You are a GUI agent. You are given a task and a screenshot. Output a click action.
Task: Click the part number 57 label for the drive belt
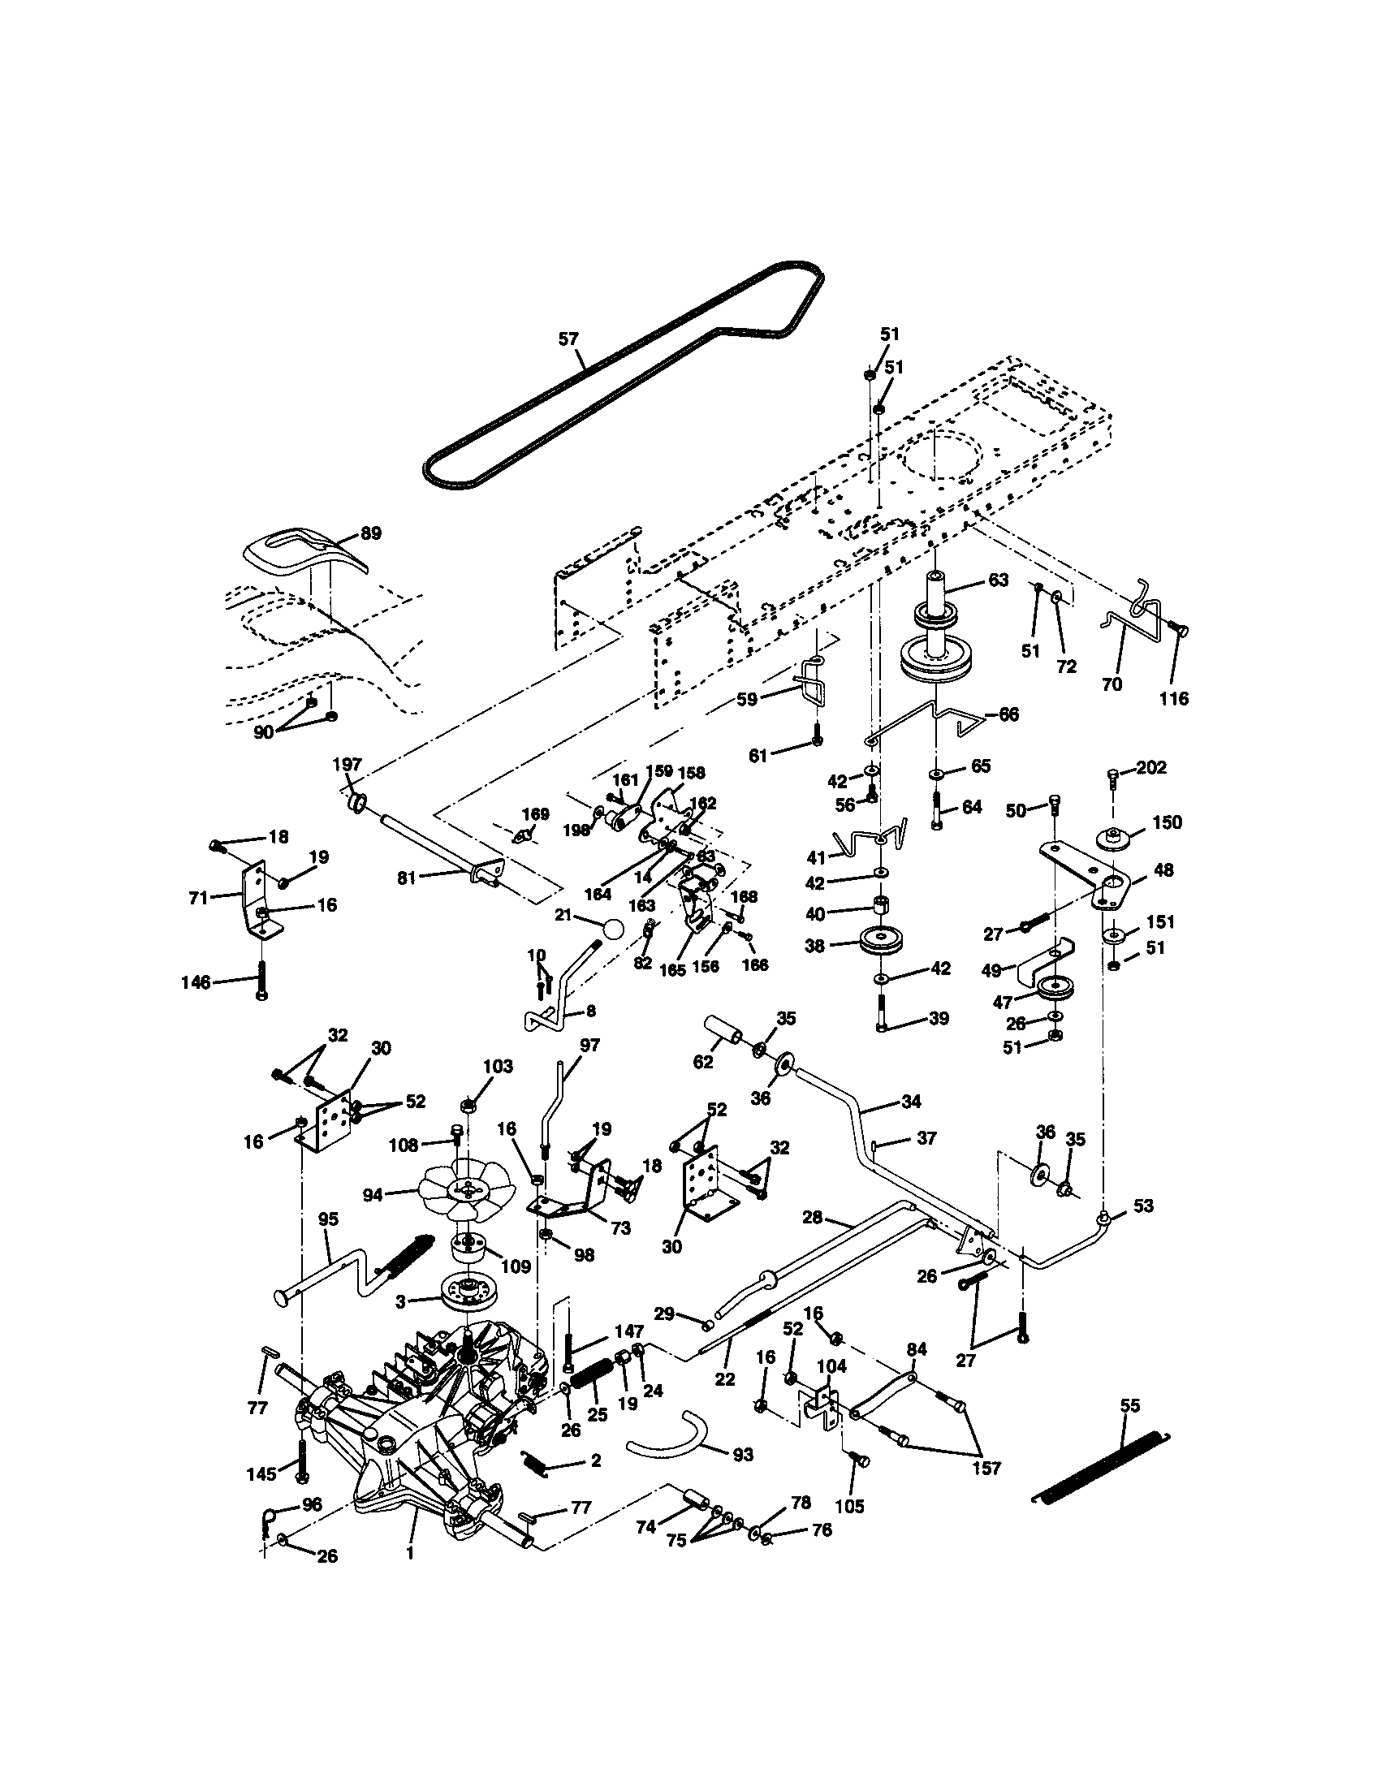point(568,339)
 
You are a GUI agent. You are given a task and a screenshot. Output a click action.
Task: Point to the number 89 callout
point(370,533)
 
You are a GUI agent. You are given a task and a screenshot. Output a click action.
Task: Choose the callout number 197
point(347,764)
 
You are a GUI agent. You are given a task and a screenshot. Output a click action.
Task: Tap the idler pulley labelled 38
point(882,943)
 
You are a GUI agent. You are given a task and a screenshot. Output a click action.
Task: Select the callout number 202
point(1151,767)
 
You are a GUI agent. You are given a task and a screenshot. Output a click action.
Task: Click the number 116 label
point(1173,698)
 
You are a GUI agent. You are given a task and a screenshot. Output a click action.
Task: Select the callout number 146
point(196,982)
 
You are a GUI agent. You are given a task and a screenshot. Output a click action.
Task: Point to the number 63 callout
point(998,580)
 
